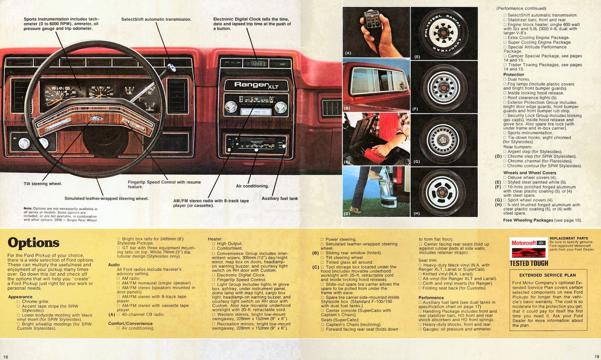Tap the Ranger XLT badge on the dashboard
point(257,85)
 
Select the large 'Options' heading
point(33,243)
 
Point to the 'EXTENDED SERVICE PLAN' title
point(547,275)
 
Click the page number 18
point(6,356)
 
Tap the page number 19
point(597,356)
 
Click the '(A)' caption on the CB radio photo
point(348,53)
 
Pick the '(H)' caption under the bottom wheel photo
point(416,213)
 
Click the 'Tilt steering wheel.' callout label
point(42,184)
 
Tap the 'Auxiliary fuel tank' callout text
point(279,198)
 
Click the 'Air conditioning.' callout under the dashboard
point(252,186)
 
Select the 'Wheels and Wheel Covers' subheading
point(529,173)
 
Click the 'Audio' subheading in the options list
point(114,265)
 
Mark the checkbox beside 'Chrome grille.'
point(18,301)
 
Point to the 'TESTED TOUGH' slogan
point(529,263)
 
